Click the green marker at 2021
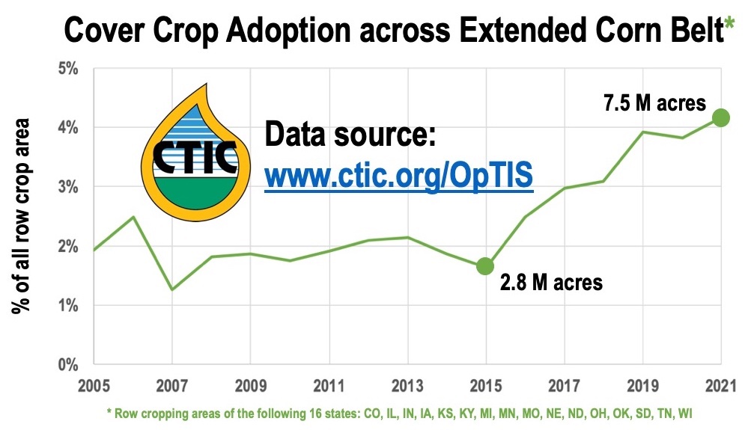pyautogui.click(x=720, y=117)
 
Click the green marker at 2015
pyautogui.click(x=485, y=265)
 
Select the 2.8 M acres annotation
pyautogui.click(x=551, y=283)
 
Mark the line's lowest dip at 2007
pyautogui.click(x=172, y=289)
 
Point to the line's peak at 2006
pyautogui.click(x=133, y=217)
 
